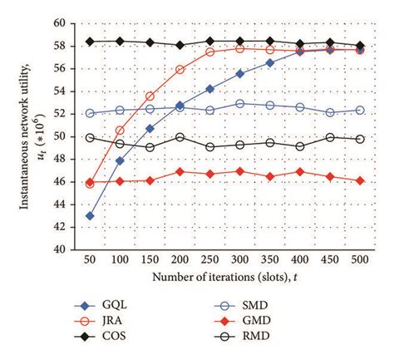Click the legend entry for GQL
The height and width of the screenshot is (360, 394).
click(x=128, y=305)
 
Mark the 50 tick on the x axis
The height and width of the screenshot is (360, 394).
click(x=90, y=260)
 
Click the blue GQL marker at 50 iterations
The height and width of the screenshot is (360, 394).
click(x=90, y=215)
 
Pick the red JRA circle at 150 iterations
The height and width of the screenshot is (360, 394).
click(x=150, y=96)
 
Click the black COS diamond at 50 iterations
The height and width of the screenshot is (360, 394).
click(x=90, y=42)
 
